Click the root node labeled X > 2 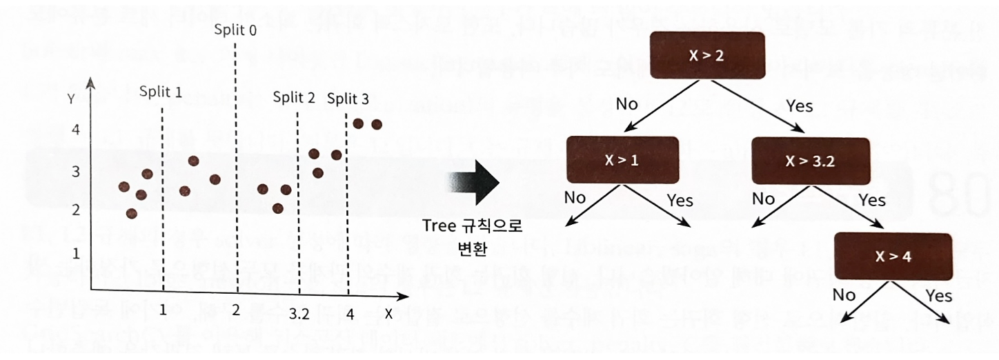pyautogui.click(x=706, y=55)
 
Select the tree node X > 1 pyautogui.click(x=623, y=161)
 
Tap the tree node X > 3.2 pyautogui.click(x=810, y=161)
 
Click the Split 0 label pyautogui.click(x=235, y=31)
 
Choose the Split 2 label pyautogui.click(x=294, y=97)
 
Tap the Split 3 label pyautogui.click(x=348, y=99)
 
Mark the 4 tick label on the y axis pyautogui.click(x=76, y=130)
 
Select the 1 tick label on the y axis pyautogui.click(x=76, y=253)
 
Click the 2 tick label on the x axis pyautogui.click(x=236, y=310)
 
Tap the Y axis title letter pyautogui.click(x=70, y=97)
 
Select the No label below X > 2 pyautogui.click(x=626, y=104)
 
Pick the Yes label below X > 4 pyautogui.click(x=939, y=295)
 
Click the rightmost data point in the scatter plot pyautogui.click(x=377, y=124)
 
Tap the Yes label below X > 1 pyautogui.click(x=680, y=201)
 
